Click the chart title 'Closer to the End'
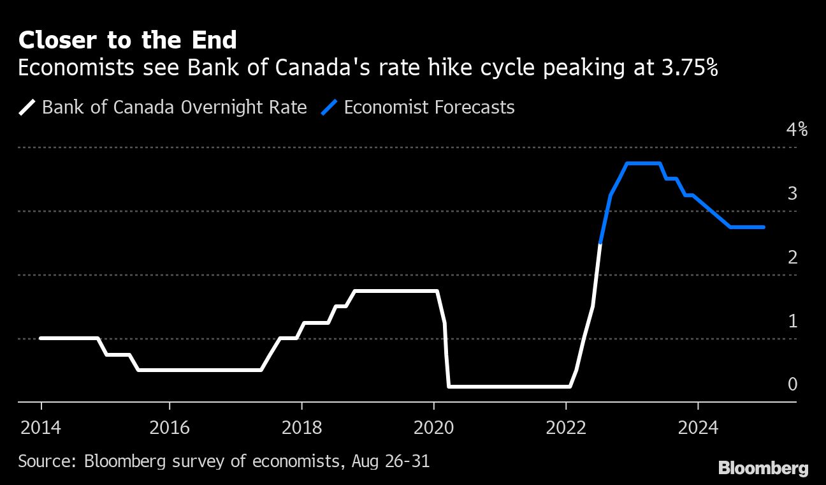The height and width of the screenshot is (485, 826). [127, 40]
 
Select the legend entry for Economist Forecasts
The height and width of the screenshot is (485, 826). [429, 107]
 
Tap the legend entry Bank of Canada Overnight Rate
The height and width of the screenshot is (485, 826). [174, 107]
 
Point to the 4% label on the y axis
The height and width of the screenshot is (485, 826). [797, 130]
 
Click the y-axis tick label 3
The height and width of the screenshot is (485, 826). [792, 193]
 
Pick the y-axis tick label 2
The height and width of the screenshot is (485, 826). [792, 257]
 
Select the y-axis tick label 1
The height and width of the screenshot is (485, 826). [792, 321]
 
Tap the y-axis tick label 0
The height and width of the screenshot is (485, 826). [792, 384]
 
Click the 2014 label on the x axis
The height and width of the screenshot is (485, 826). [41, 427]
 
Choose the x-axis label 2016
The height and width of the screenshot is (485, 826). [169, 427]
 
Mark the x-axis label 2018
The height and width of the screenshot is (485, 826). [301, 427]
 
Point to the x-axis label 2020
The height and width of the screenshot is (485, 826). [433, 427]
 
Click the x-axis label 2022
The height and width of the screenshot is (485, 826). [566, 427]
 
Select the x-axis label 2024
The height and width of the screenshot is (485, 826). [698, 427]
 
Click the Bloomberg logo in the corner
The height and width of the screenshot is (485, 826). [763, 468]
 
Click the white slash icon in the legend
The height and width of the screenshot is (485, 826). [27, 107]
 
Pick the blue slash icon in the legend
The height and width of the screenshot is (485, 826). [330, 107]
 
